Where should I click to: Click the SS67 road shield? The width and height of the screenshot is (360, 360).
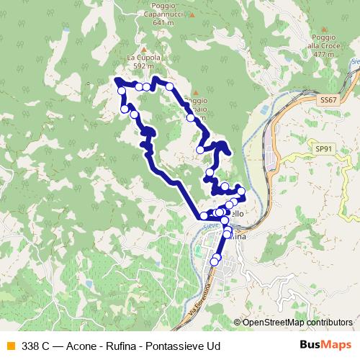328,100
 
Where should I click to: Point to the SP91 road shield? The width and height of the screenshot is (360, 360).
325,148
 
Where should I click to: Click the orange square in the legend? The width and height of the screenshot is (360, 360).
10,345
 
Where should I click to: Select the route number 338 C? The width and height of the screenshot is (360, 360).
36,345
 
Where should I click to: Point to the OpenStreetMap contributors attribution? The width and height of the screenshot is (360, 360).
297,323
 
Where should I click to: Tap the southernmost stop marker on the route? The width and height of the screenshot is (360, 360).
213,262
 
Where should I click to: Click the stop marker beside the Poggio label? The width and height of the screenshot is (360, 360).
189,117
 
